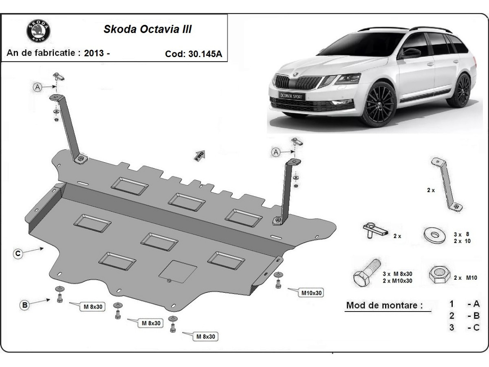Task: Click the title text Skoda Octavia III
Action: point(147,29)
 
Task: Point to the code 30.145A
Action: point(194,54)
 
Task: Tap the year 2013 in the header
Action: point(94,53)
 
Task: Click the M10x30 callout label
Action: point(312,293)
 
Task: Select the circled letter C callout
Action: point(18,254)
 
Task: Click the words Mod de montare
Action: point(384,305)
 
